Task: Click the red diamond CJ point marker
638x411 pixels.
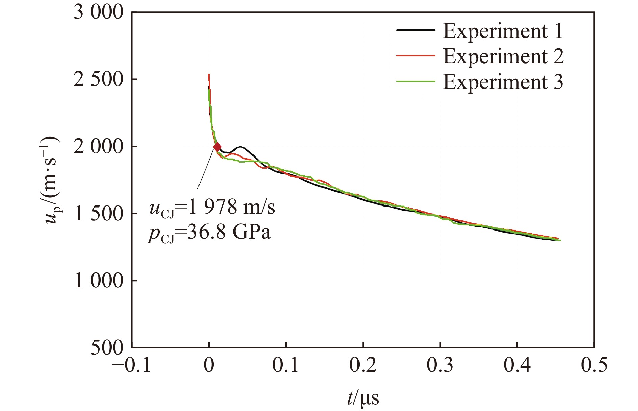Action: [x=217, y=147]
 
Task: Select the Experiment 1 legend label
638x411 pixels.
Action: [x=503, y=31]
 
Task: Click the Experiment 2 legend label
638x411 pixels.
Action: [x=503, y=56]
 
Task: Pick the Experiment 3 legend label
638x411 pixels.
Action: [x=503, y=82]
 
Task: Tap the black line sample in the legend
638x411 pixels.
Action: [x=416, y=30]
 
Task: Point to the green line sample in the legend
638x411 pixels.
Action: [x=416, y=81]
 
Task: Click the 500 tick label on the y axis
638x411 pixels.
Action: [x=107, y=347]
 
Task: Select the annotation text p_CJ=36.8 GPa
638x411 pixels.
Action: [x=209, y=233]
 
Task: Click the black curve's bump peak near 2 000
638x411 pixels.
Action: [x=240, y=147]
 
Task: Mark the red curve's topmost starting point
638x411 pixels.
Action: [x=209, y=75]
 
